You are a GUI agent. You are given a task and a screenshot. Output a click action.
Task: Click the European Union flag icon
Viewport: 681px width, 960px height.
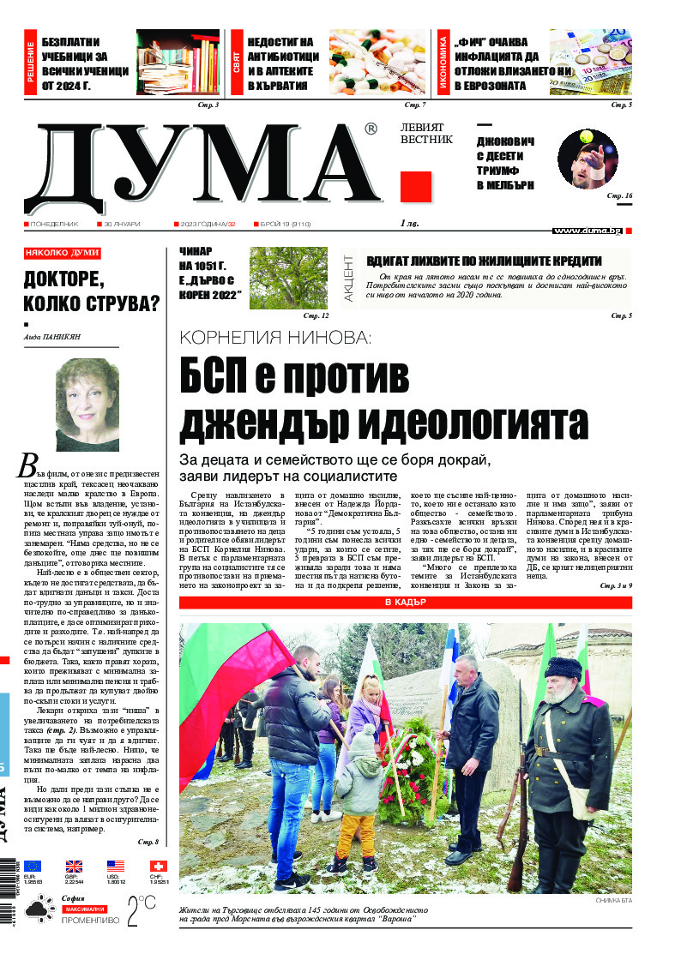tap(33, 866)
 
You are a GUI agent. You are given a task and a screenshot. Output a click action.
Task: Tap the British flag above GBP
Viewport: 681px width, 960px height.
tap(74, 866)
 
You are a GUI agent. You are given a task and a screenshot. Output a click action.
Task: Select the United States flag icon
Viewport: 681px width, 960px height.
tap(116, 866)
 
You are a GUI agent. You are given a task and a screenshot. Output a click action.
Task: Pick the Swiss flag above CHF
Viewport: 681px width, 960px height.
tap(158, 866)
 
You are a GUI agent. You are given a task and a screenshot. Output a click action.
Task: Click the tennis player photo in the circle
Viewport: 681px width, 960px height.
tap(588, 159)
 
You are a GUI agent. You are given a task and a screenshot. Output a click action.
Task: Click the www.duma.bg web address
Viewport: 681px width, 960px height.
tap(588, 231)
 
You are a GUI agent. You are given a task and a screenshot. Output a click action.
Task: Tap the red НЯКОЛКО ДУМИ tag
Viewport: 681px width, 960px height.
tap(62, 253)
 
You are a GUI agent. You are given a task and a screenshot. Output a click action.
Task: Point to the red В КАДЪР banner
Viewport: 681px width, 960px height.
tap(405, 603)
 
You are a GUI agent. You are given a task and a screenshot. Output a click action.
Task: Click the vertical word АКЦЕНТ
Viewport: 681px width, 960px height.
tap(348, 278)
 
